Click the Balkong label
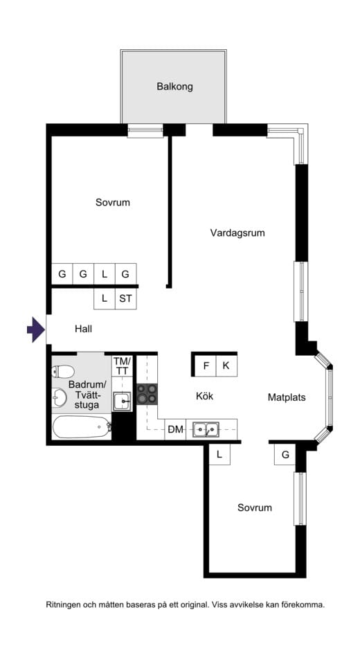[x=174, y=87]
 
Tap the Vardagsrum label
[x=237, y=233]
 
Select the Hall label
[x=83, y=329]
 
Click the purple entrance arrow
[x=35, y=329]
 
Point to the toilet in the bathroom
[x=62, y=371]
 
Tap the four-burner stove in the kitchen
[x=147, y=395]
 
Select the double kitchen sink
[x=206, y=430]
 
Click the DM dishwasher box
[x=175, y=430]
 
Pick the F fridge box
[x=206, y=365]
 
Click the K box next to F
[x=226, y=365]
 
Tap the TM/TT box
[x=122, y=366]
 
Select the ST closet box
[x=125, y=299]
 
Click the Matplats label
[x=287, y=397]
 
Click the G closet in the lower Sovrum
[x=285, y=455]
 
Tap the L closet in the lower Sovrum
[x=219, y=455]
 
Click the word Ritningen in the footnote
[x=66, y=604]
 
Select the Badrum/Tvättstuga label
[x=87, y=395]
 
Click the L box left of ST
[x=105, y=299]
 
